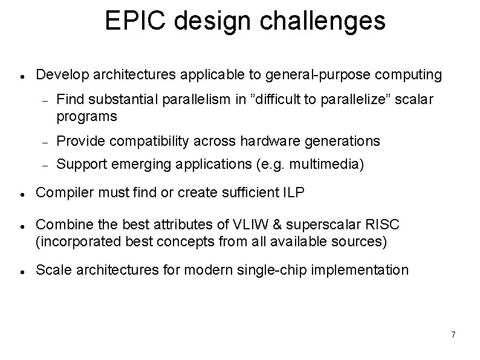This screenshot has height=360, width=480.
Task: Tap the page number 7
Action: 453,335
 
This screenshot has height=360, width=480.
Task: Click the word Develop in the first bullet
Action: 60,75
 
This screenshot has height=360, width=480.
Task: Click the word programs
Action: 87,116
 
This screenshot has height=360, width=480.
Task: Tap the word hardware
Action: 267,141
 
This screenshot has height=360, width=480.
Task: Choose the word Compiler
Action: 61,193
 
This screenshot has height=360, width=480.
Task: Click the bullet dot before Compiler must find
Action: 21,194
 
